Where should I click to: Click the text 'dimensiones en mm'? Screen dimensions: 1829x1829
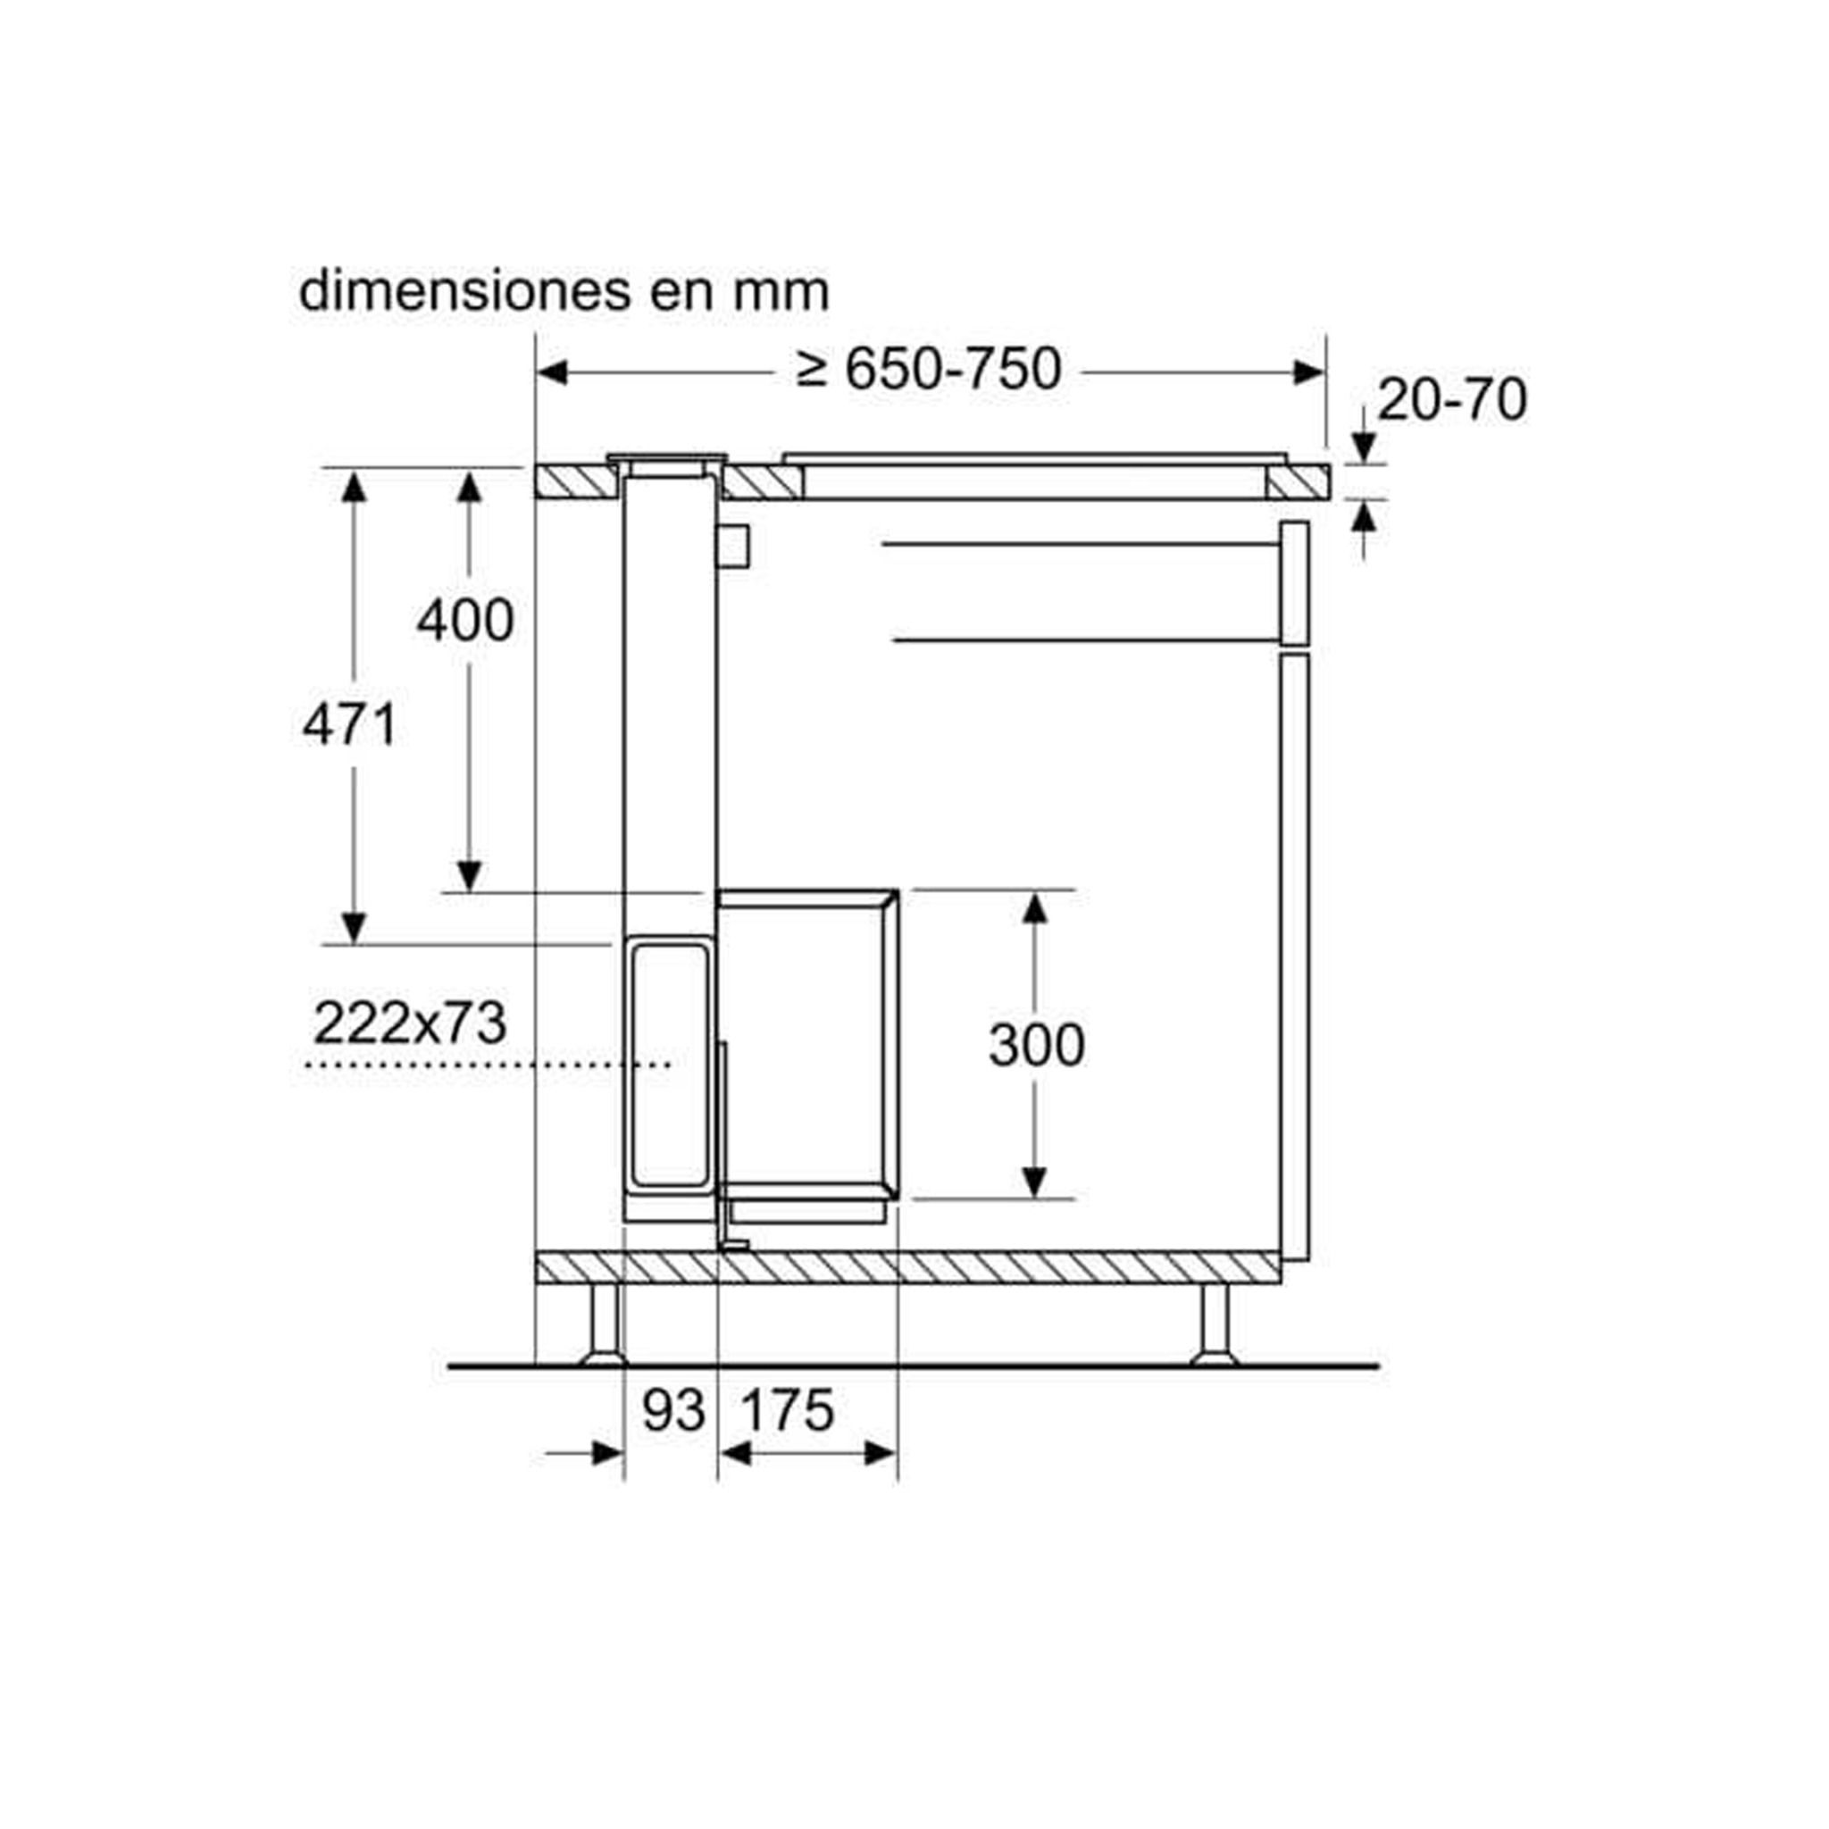coord(564,291)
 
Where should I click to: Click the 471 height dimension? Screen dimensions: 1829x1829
coord(350,726)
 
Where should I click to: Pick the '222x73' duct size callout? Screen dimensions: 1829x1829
coord(410,1023)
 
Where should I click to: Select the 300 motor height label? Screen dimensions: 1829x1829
coord(1037,1046)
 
